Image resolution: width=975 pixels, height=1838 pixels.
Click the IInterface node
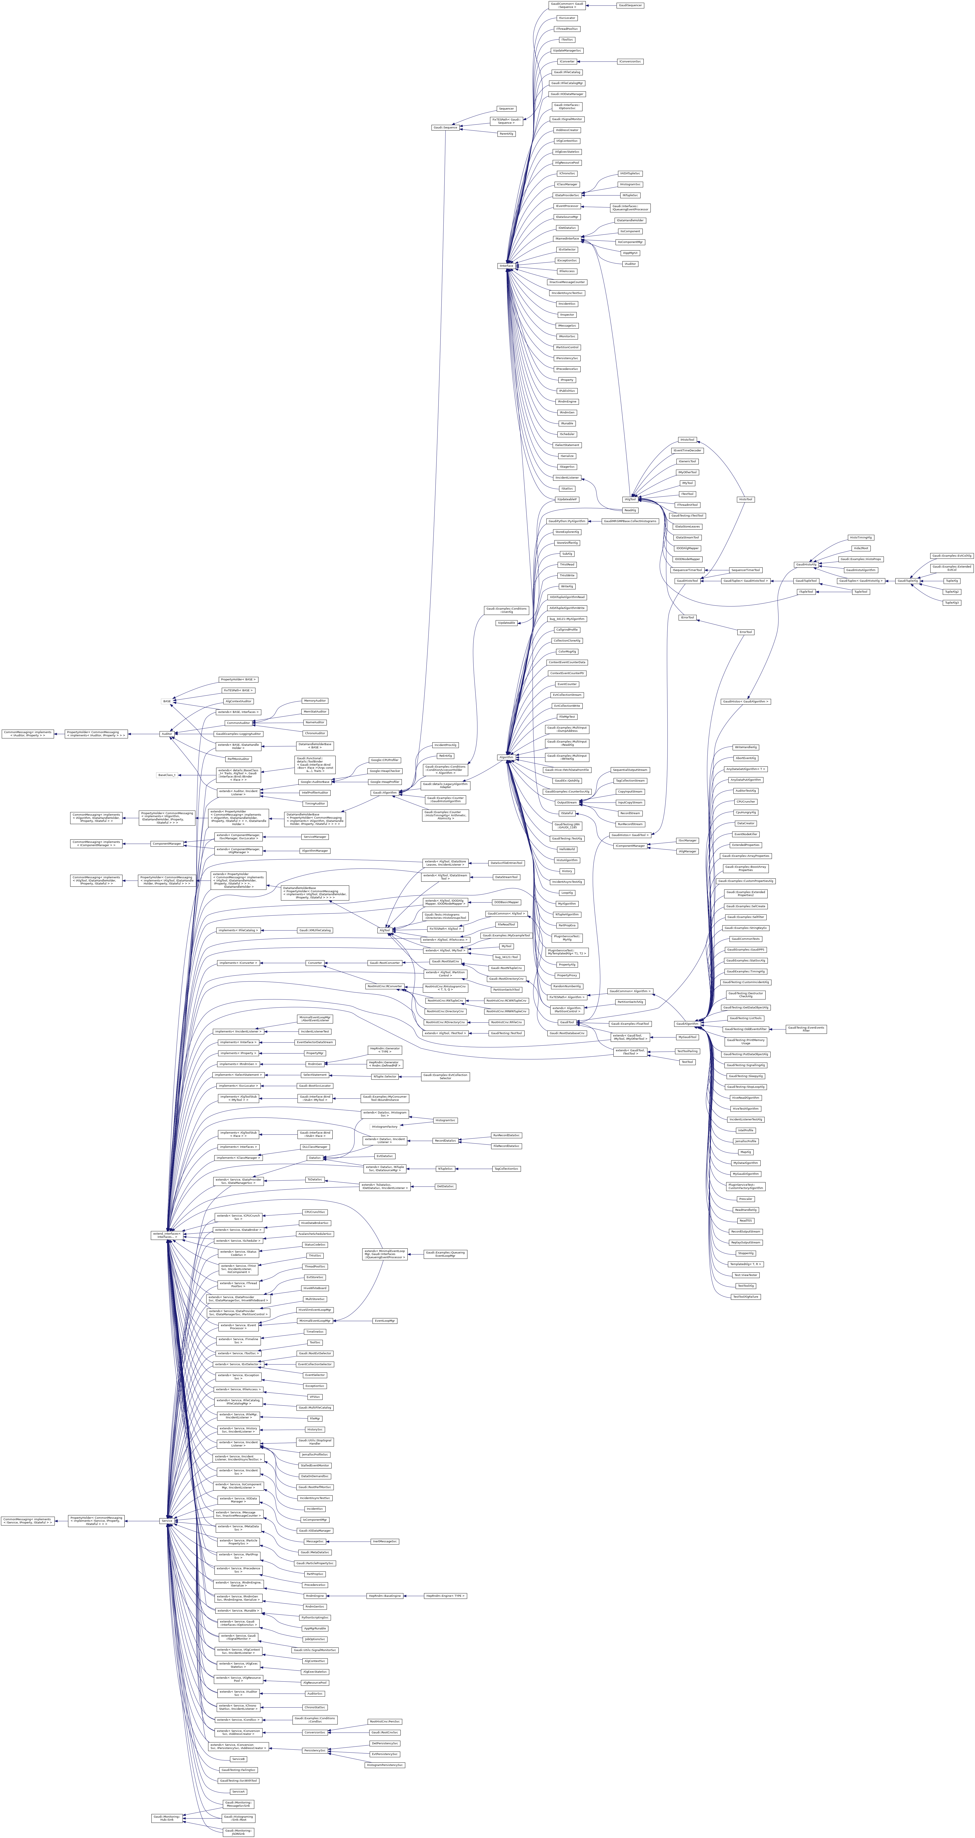coord(506,265)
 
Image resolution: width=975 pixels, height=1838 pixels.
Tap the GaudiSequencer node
coord(630,5)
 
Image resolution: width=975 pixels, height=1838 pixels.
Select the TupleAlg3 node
coord(951,603)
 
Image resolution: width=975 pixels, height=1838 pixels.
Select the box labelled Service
coord(167,1520)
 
